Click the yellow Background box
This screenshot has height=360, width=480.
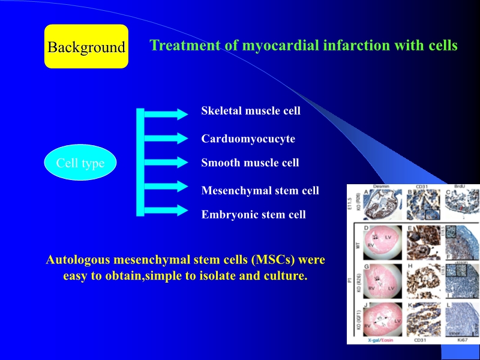[86, 47]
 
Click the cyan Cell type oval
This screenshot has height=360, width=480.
[80, 163]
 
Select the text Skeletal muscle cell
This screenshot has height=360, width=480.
[251, 111]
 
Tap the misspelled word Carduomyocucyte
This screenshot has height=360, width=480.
[248, 139]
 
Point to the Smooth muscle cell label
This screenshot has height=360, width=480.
[250, 163]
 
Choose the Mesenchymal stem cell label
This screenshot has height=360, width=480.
[260, 191]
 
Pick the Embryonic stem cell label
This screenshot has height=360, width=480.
[253, 214]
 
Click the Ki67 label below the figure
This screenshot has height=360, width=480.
[463, 340]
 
